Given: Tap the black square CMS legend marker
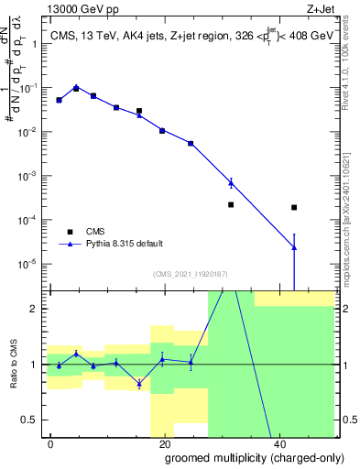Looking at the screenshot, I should pos(70,232).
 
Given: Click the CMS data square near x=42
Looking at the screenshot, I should pos(294,208).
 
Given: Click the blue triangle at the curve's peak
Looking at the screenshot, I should pos(76,87).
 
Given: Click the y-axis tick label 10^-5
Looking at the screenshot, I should pos(27,264).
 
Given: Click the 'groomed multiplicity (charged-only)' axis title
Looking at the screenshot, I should pos(242,457).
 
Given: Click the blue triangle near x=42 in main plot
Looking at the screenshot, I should pos(294,246).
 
